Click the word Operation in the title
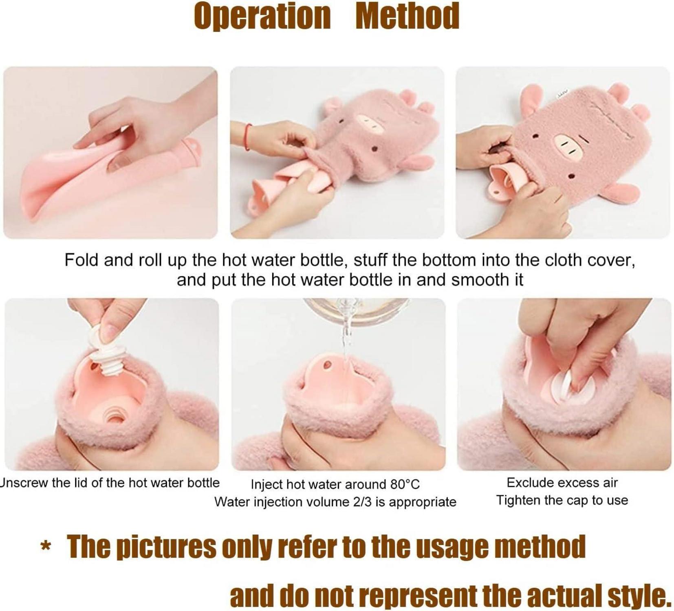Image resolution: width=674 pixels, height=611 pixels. click(262, 17)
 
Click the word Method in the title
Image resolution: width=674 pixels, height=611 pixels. click(407, 16)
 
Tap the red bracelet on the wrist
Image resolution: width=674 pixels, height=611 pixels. click(247, 137)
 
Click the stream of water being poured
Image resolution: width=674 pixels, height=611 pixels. click(346, 338)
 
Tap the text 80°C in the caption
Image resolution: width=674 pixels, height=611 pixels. click(405, 484)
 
